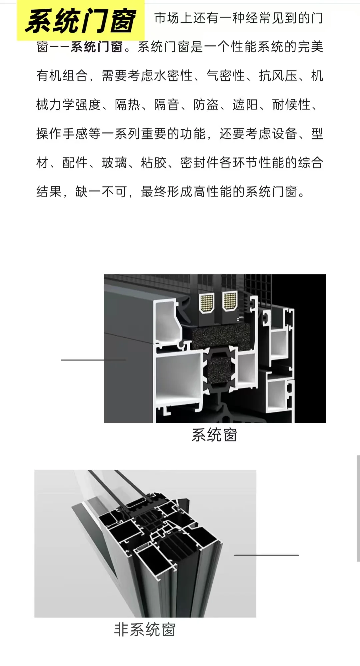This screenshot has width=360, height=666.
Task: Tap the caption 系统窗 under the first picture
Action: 214,435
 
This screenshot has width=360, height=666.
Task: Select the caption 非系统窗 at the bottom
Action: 145,630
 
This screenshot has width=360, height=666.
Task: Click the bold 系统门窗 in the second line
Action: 97,47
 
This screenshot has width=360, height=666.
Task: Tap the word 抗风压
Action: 278,76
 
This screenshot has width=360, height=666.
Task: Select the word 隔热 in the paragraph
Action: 127,105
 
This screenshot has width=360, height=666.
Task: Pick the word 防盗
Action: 206,105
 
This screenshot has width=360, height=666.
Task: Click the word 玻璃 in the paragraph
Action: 114,163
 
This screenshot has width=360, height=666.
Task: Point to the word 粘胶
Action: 154,163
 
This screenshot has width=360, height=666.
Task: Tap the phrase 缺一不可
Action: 101,192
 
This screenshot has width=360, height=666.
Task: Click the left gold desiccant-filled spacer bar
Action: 207,303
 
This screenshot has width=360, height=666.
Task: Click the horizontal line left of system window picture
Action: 93,360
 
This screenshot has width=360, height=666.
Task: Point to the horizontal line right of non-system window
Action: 266,555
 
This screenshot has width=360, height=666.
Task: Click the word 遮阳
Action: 245,105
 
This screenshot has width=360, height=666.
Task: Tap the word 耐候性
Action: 291,105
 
